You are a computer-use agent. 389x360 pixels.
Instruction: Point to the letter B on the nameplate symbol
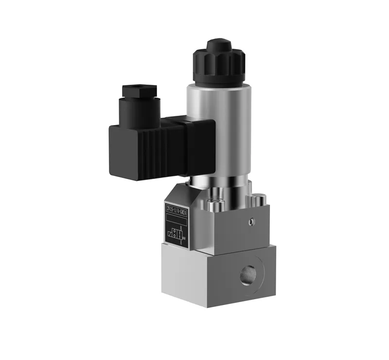(x=181, y=227)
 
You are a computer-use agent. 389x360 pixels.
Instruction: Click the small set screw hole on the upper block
(x=251, y=222)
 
